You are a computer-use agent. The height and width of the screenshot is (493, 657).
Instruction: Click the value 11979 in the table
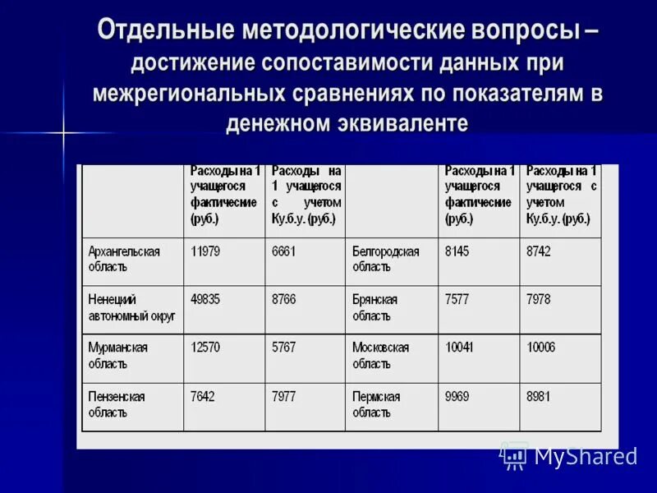click(x=205, y=251)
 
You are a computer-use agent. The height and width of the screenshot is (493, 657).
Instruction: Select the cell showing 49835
click(x=205, y=299)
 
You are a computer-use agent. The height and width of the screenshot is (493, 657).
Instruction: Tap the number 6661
click(x=284, y=251)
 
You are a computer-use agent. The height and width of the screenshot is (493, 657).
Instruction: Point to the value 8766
click(x=284, y=299)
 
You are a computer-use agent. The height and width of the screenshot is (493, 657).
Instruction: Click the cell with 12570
click(x=205, y=348)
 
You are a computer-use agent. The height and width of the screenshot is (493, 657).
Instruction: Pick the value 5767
click(x=284, y=348)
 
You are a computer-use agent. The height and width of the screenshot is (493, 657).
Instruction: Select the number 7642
click(x=203, y=396)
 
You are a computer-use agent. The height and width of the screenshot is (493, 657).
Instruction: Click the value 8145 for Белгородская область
click(x=457, y=251)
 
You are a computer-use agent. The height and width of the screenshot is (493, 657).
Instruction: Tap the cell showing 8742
click(x=539, y=251)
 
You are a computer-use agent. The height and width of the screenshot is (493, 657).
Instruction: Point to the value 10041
click(x=460, y=348)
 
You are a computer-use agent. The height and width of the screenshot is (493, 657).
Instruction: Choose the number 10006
click(x=541, y=348)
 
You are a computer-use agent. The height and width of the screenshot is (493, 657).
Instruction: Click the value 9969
click(x=457, y=396)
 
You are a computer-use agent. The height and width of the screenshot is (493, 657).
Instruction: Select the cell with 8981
click(x=539, y=396)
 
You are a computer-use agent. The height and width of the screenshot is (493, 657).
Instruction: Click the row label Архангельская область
click(x=124, y=259)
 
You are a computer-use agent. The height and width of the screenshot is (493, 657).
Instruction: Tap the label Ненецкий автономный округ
click(x=131, y=307)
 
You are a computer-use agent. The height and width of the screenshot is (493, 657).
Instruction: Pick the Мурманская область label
click(x=118, y=355)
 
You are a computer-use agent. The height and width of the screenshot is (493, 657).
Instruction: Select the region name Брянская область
click(x=375, y=307)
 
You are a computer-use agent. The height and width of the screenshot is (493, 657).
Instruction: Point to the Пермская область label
click(x=377, y=403)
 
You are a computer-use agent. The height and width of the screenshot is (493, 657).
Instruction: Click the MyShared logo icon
click(x=514, y=454)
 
